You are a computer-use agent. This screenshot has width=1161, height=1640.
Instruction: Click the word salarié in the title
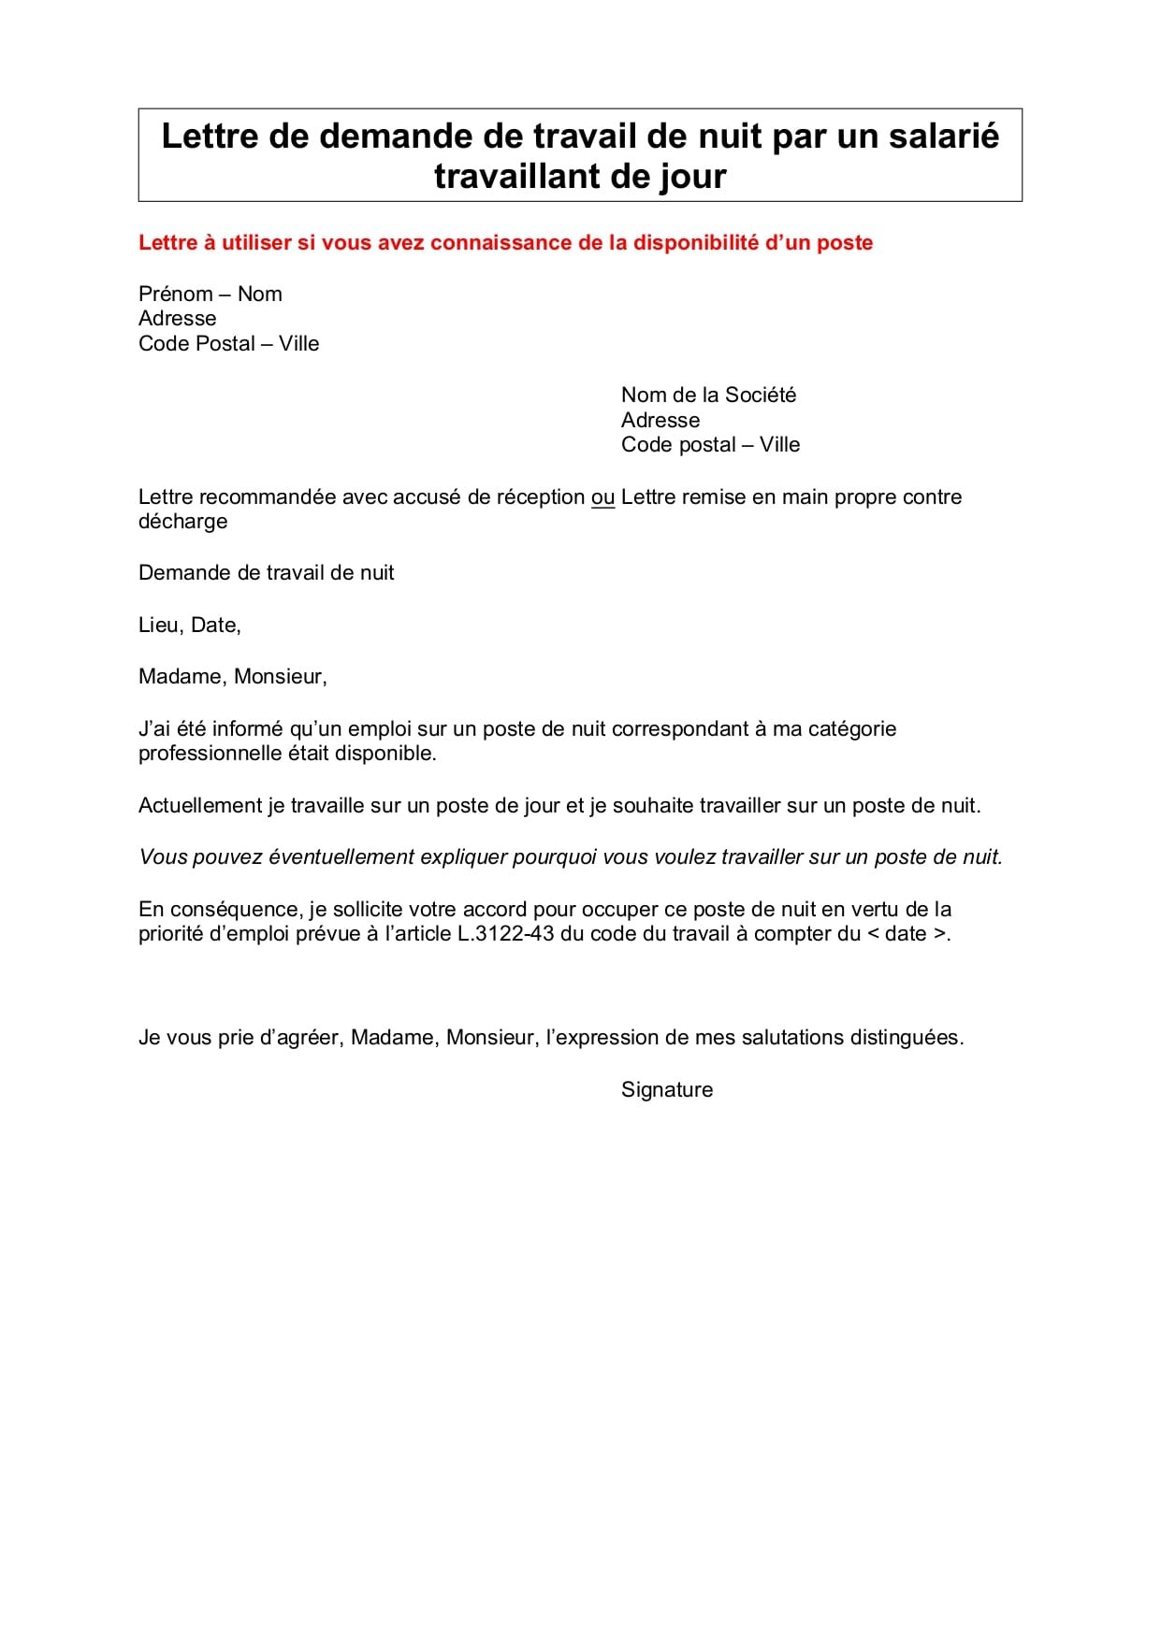944,137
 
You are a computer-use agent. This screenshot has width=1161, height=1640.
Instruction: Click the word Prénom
175,295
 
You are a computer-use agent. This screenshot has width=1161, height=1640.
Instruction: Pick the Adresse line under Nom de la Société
660,421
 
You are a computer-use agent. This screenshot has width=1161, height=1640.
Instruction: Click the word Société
760,396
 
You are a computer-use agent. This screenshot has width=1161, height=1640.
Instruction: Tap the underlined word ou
602,497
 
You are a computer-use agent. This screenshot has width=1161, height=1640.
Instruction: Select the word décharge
182,522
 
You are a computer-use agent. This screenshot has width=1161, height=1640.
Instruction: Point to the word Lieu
158,626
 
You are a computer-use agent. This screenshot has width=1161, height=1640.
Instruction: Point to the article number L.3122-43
506,934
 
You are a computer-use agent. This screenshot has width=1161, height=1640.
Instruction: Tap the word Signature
666,1090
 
